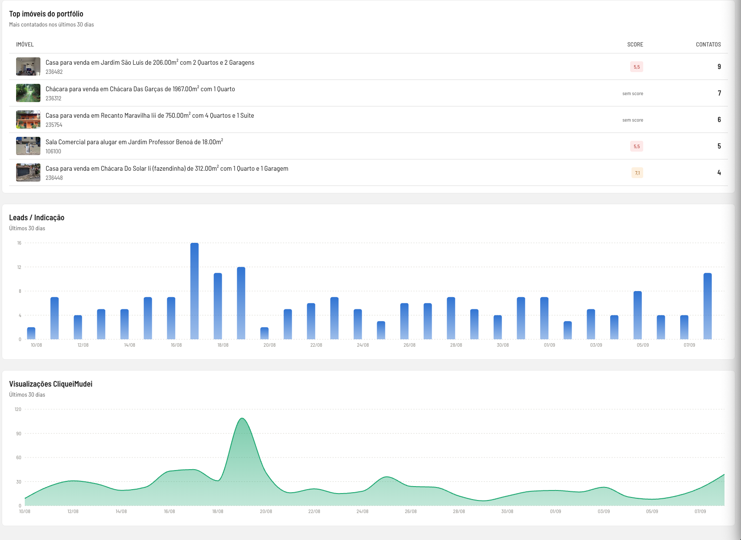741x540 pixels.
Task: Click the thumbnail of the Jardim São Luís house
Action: point(28,66)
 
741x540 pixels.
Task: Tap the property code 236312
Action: point(53,98)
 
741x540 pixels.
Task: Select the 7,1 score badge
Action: point(637,172)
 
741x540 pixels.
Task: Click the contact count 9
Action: point(719,66)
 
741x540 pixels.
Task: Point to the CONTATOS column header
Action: point(708,44)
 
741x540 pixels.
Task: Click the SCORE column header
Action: point(635,44)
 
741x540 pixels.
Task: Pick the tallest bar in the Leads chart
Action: point(195,291)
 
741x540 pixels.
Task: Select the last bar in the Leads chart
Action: point(708,306)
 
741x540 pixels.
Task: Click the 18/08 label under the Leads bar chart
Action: point(223,345)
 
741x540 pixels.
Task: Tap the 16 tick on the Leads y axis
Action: point(19,243)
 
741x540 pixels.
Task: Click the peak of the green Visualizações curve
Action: point(242,418)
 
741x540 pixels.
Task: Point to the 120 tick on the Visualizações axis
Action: point(18,409)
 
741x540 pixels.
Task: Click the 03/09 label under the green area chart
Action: point(604,511)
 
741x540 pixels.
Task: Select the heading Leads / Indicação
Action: point(37,218)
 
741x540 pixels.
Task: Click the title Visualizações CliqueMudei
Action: point(50,384)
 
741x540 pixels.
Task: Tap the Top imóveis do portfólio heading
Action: point(46,14)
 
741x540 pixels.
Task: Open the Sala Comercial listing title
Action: point(134,142)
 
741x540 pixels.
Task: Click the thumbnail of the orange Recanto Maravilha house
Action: point(28,119)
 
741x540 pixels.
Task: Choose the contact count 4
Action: point(719,172)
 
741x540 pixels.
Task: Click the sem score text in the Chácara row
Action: point(632,93)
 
